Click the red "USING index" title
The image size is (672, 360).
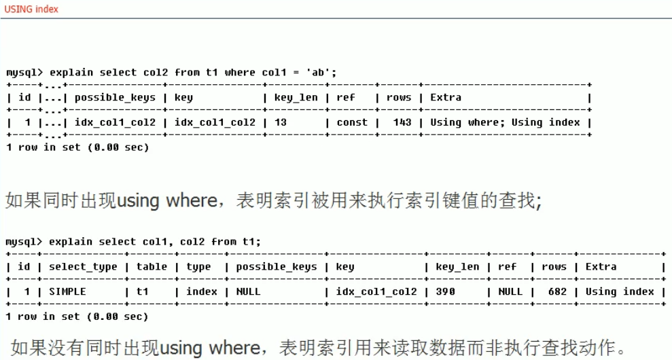(x=31, y=9)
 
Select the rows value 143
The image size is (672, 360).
(x=402, y=122)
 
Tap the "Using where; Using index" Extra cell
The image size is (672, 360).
(x=505, y=122)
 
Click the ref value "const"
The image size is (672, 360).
(x=352, y=122)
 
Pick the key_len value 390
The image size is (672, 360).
(x=446, y=291)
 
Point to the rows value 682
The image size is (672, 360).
(x=554, y=291)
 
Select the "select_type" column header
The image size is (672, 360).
(x=83, y=266)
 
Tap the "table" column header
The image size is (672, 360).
(x=152, y=266)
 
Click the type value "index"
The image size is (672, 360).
(x=202, y=291)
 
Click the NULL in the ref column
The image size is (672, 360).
(x=510, y=291)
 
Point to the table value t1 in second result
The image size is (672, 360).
(x=143, y=291)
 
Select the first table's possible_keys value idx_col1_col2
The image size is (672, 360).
(x=115, y=122)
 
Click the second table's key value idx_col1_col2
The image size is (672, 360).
(x=376, y=291)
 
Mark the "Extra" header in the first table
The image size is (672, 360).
(x=446, y=97)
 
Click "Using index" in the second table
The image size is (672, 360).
(x=620, y=291)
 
